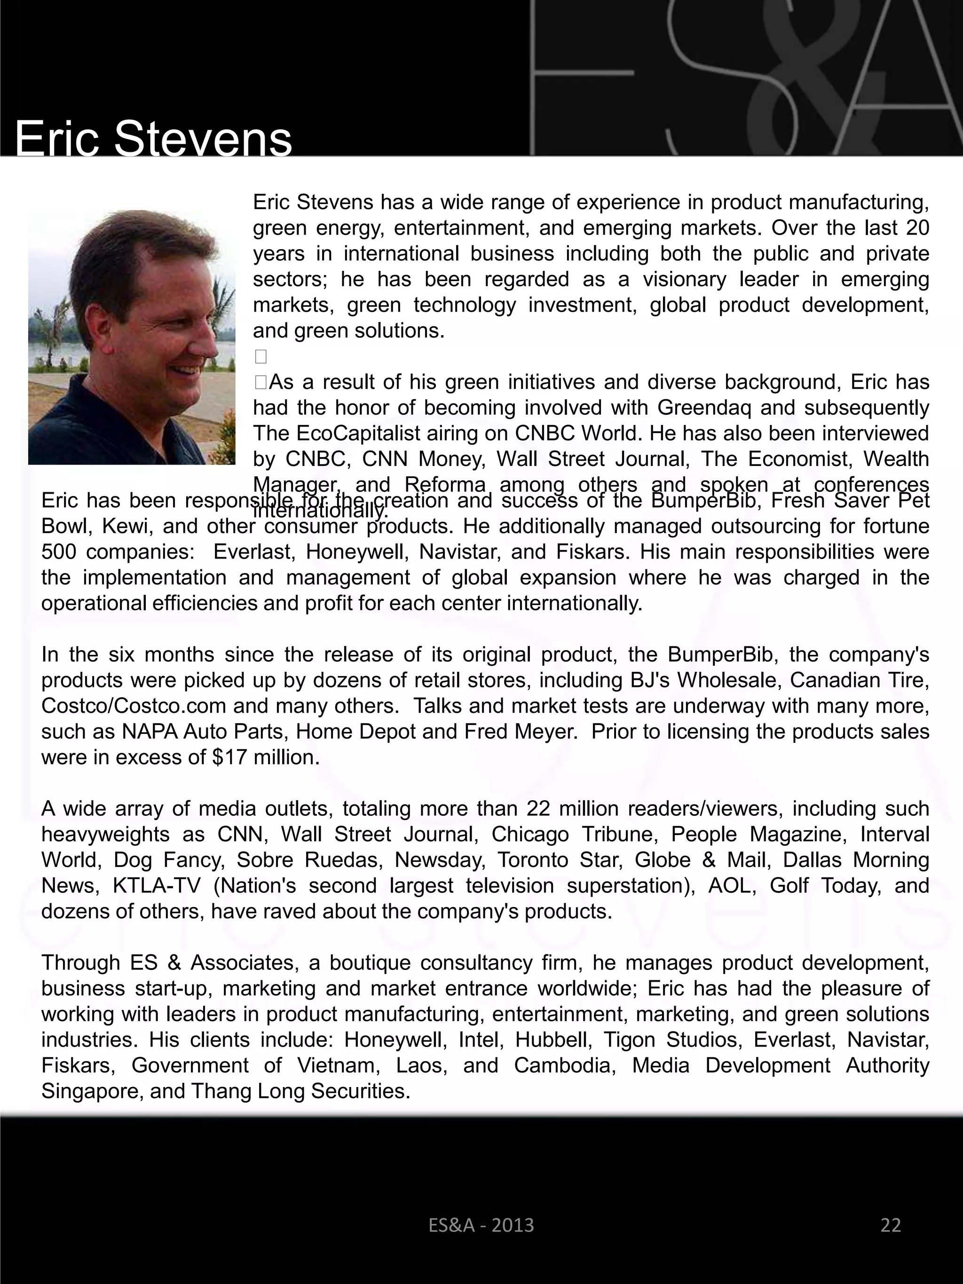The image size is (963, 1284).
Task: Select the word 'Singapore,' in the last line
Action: [x=92, y=1091]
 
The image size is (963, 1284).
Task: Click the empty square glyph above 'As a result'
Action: [x=260, y=356]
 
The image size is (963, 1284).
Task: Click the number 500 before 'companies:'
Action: [x=59, y=551]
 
